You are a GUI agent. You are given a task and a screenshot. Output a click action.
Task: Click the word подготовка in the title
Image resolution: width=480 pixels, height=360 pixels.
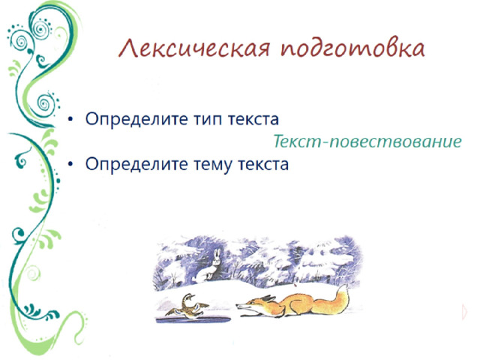click(352, 50)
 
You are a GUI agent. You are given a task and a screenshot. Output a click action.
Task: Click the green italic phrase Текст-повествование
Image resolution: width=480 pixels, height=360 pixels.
click(367, 142)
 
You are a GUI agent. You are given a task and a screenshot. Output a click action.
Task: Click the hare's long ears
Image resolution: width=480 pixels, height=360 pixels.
click(216, 256)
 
